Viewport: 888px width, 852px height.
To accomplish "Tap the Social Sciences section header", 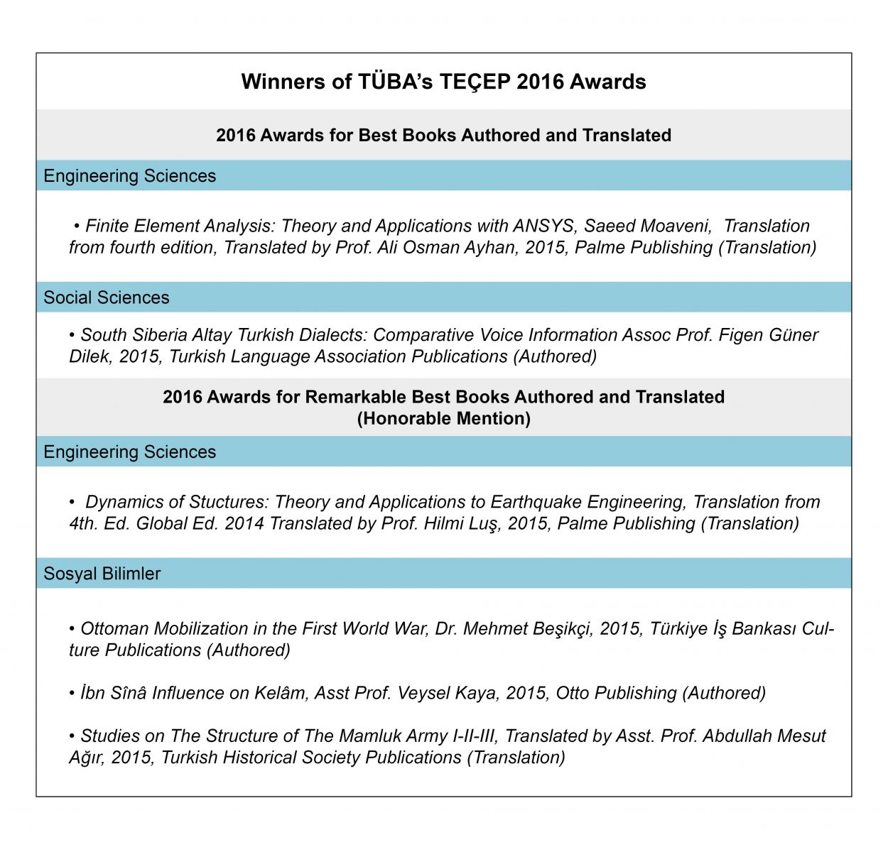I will coord(107,297).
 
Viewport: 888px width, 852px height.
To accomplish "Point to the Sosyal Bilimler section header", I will coord(102,574).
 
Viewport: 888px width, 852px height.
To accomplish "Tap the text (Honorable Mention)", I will coord(444,418).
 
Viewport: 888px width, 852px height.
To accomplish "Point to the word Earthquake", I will coord(533,502).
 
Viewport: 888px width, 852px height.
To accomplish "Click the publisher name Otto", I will coord(573,693).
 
